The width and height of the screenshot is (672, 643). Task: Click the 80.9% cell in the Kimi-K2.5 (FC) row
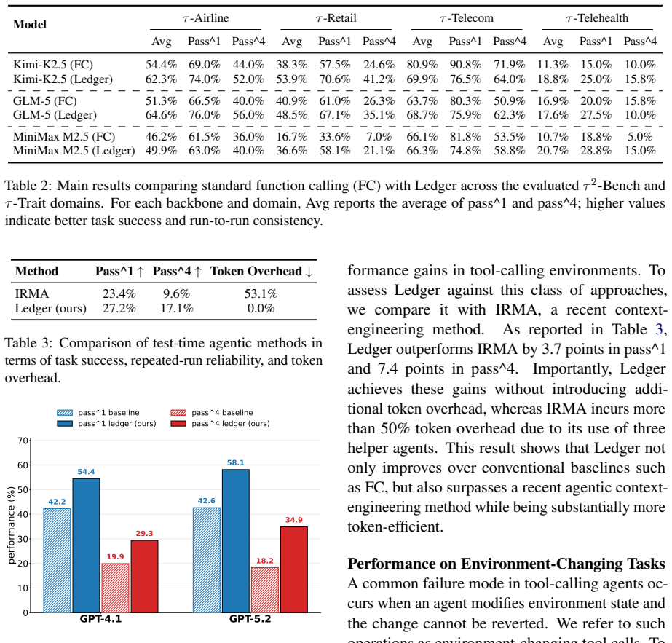[422, 65]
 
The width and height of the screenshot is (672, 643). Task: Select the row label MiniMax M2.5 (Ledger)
[74, 151]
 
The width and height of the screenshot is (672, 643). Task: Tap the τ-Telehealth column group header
[597, 18]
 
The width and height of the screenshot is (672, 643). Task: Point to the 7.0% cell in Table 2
[379, 137]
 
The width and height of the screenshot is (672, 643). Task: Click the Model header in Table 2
[30, 25]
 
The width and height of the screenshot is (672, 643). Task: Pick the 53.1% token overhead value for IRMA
[261, 293]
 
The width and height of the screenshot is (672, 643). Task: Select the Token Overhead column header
[261, 272]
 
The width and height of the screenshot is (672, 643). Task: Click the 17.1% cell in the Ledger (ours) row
[177, 308]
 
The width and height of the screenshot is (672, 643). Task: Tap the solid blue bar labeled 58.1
[236, 541]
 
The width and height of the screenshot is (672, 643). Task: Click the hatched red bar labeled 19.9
[115, 588]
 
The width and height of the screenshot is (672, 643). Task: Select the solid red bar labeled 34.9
[294, 569]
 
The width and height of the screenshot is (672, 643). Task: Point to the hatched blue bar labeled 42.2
[57, 561]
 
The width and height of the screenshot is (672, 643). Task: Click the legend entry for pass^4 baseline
[212, 413]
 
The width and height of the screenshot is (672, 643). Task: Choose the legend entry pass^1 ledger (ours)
[107, 424]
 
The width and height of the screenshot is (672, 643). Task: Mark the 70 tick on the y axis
[23, 441]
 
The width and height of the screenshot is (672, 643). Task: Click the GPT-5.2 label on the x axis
[250, 619]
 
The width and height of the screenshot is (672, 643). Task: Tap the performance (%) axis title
[12, 525]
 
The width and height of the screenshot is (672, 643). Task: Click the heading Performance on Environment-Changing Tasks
[506, 564]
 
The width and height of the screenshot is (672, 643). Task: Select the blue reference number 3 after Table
[659, 329]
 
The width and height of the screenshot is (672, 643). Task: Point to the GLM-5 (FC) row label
[45, 101]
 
